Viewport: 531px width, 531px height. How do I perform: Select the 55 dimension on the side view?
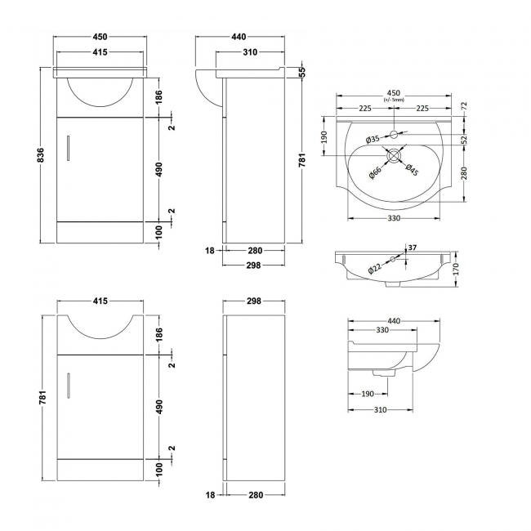(x=301, y=72)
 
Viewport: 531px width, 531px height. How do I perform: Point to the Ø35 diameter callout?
(x=372, y=140)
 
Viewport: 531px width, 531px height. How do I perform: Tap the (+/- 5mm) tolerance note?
(x=394, y=101)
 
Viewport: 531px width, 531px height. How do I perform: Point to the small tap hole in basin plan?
(x=394, y=133)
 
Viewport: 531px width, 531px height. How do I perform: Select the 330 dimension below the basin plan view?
(x=394, y=217)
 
